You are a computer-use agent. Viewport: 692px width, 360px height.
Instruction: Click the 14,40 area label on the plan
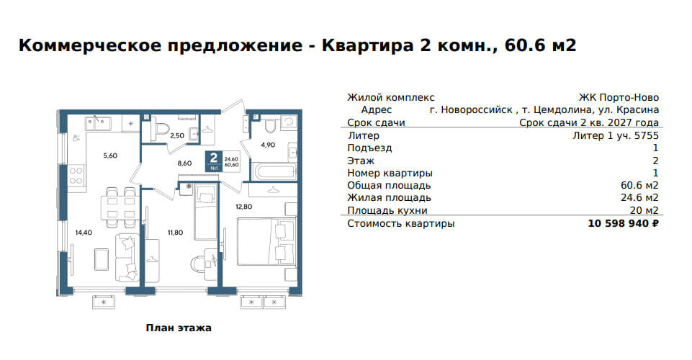click(84, 233)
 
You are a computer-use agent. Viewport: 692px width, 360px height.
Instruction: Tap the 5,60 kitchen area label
click(110, 156)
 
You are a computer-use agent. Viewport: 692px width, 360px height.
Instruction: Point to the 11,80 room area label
click(175, 233)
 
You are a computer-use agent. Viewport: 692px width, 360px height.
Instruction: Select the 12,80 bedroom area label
click(243, 206)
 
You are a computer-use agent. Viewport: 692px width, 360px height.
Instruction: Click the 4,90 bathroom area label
click(268, 144)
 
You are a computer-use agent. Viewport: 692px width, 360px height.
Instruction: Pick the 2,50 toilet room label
click(177, 135)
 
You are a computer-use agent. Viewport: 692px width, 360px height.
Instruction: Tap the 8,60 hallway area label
click(184, 163)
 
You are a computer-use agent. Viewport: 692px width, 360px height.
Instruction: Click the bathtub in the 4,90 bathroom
click(273, 171)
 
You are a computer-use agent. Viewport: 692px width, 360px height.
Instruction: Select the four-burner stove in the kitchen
click(76, 176)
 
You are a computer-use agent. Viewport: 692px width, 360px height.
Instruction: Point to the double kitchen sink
click(99, 123)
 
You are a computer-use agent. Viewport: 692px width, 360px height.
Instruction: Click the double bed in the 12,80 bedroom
click(266, 242)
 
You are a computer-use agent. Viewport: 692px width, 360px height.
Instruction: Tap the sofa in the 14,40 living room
click(127, 258)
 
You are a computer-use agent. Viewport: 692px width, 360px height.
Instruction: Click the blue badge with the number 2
click(214, 161)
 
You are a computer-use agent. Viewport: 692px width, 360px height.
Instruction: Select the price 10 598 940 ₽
click(623, 224)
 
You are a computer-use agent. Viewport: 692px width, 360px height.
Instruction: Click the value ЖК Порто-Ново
click(619, 97)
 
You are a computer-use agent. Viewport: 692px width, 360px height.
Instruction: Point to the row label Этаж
click(361, 161)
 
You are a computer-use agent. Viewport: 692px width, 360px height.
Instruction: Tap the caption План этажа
click(179, 328)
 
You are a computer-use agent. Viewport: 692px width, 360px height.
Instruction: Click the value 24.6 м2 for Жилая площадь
click(639, 198)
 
